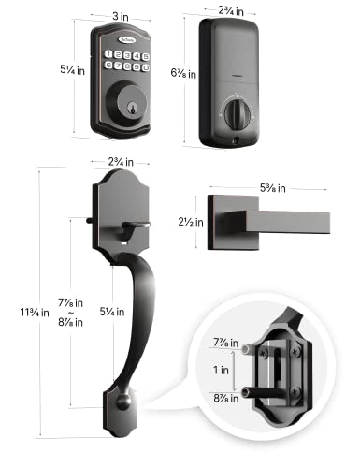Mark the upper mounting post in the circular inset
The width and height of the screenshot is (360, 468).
coord(247,348)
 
